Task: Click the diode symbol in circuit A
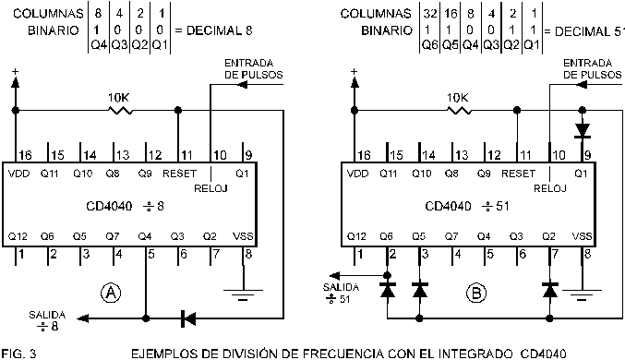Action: point(187,318)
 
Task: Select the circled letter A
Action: point(112,293)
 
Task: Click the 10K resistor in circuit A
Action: point(119,110)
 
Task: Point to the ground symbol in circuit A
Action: point(245,298)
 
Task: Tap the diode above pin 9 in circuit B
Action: point(582,130)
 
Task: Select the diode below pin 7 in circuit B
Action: point(551,291)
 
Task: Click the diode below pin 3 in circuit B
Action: point(420,291)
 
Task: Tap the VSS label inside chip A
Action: point(244,236)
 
